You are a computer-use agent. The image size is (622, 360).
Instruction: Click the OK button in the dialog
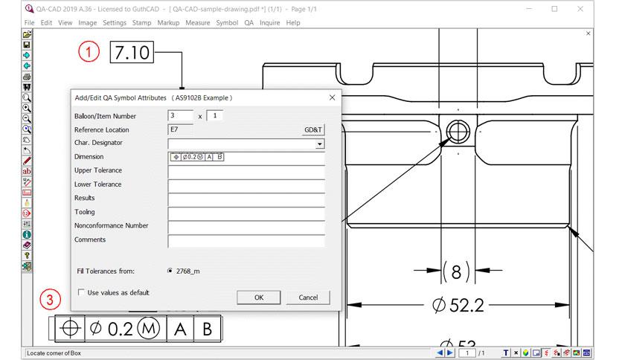coord(258,298)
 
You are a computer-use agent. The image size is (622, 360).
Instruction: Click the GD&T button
coord(313,129)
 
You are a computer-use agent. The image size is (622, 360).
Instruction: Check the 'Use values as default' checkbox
coord(81,293)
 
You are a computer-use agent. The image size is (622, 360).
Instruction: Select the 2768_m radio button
coord(171,271)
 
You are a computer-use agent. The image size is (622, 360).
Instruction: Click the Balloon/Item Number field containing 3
coord(180,116)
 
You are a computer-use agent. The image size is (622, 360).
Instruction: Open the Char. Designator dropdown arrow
coord(320,144)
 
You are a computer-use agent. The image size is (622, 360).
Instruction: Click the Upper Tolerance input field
coord(246,171)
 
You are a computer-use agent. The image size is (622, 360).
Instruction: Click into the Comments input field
coord(246,240)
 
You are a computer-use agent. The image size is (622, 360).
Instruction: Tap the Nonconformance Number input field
coord(246,226)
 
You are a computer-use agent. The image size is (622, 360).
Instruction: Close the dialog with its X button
coord(332,97)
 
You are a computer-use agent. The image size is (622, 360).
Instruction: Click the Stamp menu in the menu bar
coord(141,23)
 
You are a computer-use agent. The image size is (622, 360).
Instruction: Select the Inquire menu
coord(269,23)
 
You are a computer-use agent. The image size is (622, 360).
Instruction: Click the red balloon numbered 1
coord(90,53)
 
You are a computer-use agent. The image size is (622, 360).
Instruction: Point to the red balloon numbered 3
coord(50,300)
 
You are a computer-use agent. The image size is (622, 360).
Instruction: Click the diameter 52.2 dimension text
coord(458,305)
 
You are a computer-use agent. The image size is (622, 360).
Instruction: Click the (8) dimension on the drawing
coord(456,271)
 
